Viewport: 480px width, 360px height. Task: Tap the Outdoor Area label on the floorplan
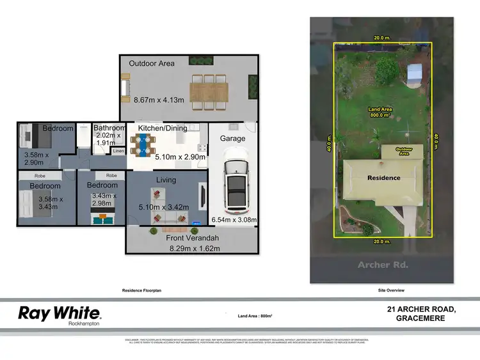pyautogui.click(x=152, y=63)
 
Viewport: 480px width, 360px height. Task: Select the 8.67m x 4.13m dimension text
pyautogui.click(x=159, y=100)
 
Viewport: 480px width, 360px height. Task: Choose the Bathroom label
pyautogui.click(x=109, y=128)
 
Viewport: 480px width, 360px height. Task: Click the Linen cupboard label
pyautogui.click(x=118, y=151)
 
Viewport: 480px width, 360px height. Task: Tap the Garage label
pyautogui.click(x=232, y=138)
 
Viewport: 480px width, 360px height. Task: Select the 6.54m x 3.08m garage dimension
pyautogui.click(x=234, y=220)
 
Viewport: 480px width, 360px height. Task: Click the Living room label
pyautogui.click(x=166, y=180)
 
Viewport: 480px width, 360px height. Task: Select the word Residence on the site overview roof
pyautogui.click(x=384, y=178)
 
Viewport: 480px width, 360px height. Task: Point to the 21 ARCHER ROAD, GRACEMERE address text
pyautogui.click(x=421, y=313)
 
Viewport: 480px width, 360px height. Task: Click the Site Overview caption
pyautogui.click(x=391, y=290)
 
